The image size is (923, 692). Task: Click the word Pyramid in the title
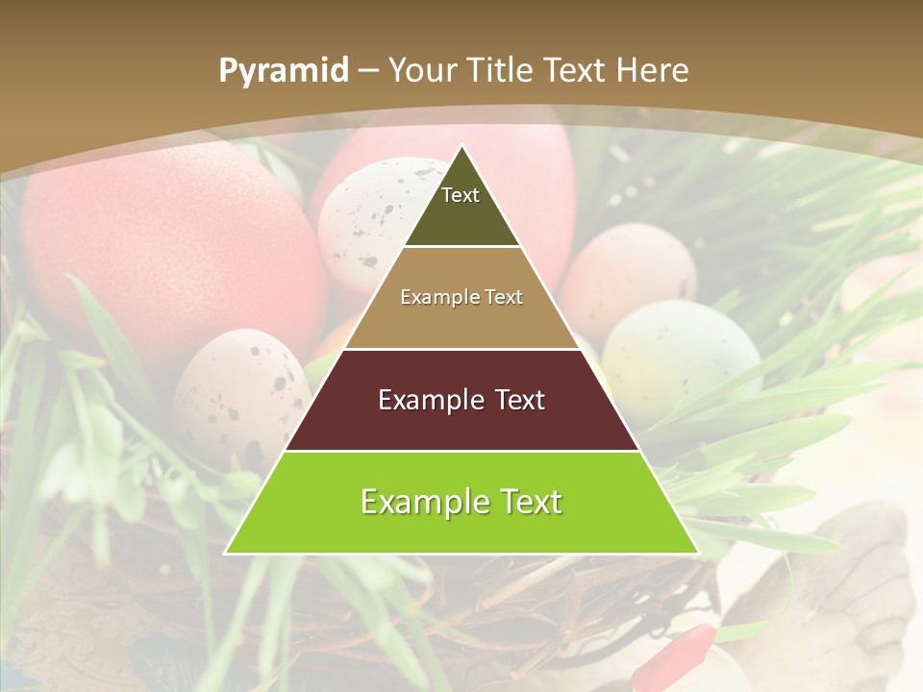tap(283, 71)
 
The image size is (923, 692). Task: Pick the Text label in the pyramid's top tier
tap(461, 195)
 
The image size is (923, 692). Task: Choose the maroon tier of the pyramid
tap(461, 423)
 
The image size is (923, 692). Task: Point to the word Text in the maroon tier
tap(519, 400)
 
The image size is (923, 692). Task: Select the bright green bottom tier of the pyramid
tap(461, 529)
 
